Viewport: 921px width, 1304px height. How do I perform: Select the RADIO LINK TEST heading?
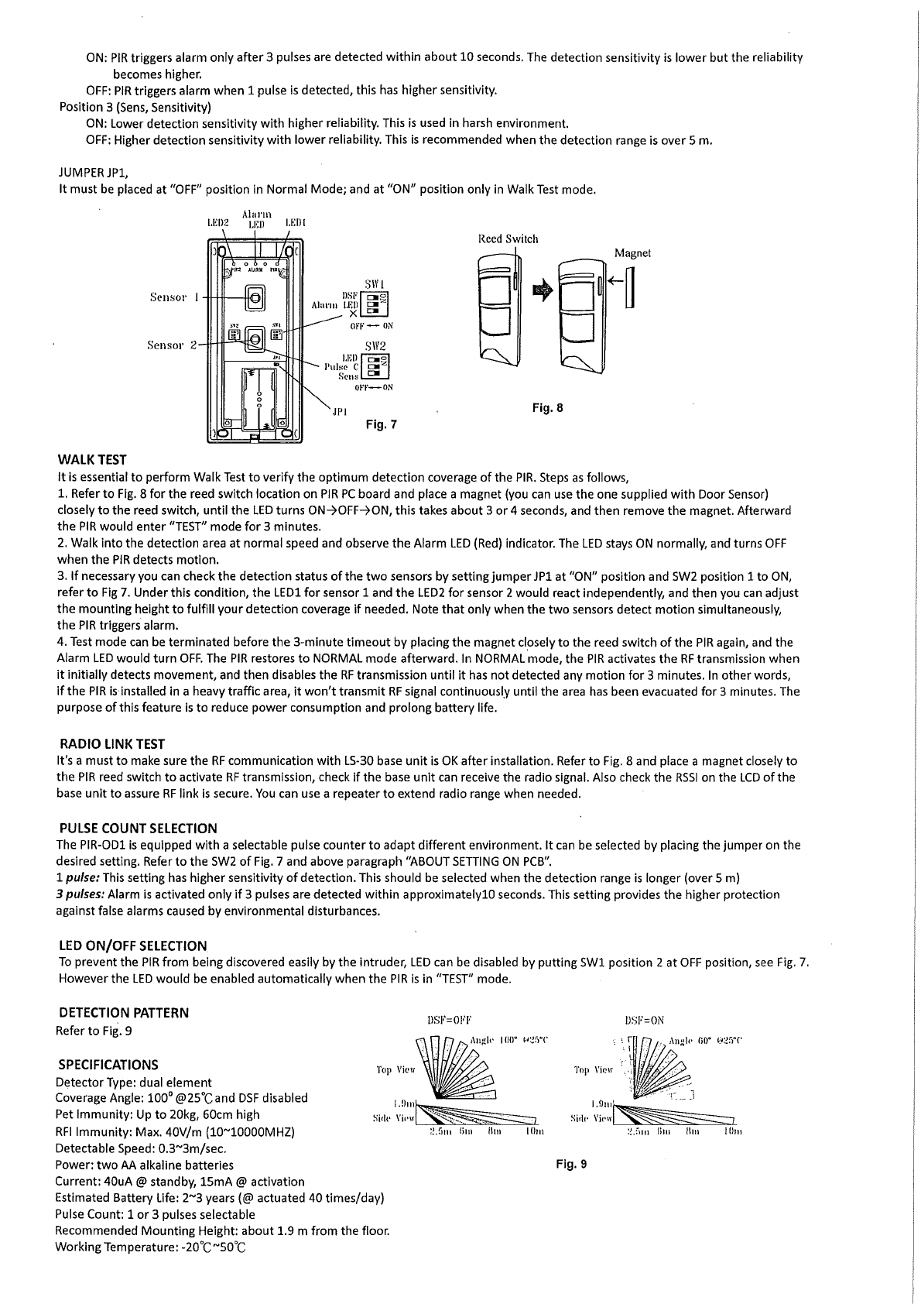coord(111,744)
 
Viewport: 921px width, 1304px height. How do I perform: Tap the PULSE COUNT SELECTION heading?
coord(138,829)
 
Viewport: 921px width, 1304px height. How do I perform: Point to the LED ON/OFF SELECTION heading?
coord(133,946)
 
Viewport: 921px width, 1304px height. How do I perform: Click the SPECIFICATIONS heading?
coord(107,1065)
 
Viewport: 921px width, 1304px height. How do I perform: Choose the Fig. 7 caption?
coord(382,424)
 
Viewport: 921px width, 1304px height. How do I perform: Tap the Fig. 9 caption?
coord(572,1163)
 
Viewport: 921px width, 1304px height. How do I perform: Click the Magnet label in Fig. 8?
coord(632,253)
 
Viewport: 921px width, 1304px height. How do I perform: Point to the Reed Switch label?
coord(508,239)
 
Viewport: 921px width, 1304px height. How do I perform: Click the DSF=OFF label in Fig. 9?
coord(449,1020)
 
